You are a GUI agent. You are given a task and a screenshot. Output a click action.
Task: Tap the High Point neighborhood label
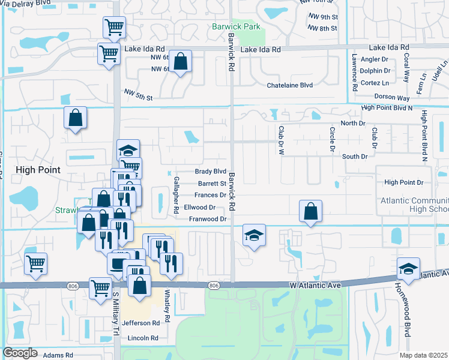[38, 170]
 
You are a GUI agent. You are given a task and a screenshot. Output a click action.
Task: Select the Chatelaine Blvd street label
[290, 85]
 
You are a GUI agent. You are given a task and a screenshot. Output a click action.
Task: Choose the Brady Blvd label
[212, 171]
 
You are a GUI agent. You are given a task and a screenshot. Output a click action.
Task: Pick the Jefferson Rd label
[141, 323]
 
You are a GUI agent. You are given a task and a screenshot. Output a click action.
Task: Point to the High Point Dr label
[404, 182]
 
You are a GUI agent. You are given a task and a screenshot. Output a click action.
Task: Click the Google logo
[20, 353]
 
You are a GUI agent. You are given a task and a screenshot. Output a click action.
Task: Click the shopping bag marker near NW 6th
[180, 61]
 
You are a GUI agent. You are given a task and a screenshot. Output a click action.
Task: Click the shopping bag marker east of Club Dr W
[310, 211]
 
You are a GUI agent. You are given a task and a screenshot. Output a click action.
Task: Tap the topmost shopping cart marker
[113, 27]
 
